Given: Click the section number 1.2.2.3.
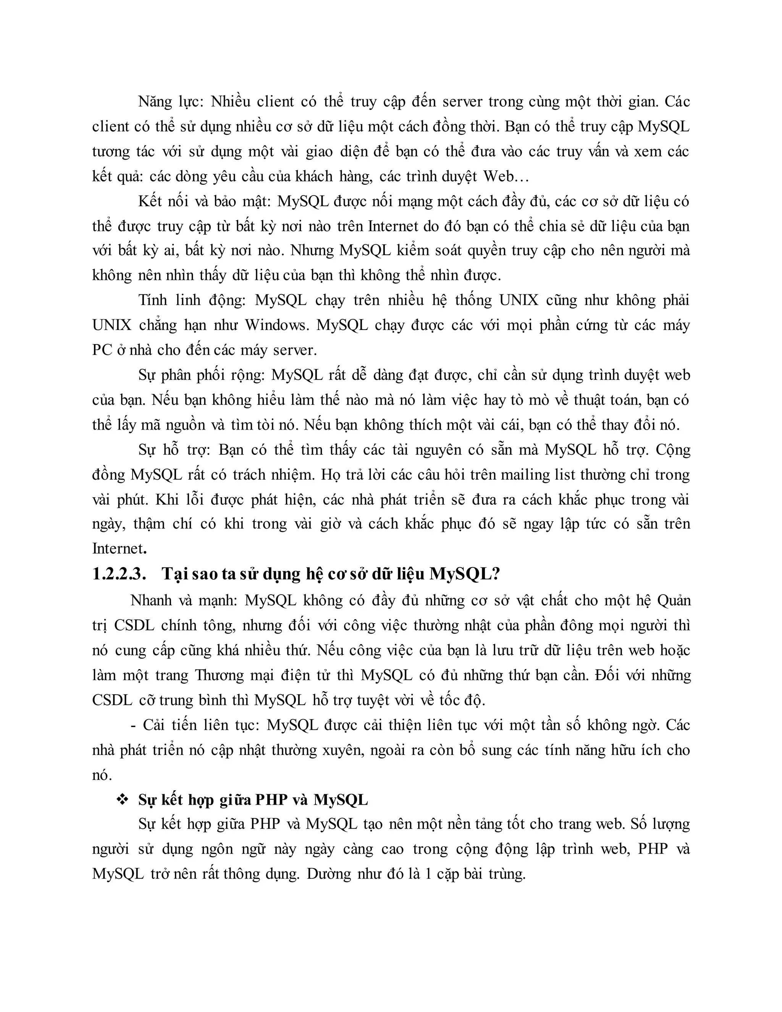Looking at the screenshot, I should click(119, 574).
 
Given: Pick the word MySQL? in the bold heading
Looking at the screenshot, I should click(465, 574).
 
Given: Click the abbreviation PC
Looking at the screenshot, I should click(102, 350).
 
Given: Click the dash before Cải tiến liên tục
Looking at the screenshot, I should click(133, 725).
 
